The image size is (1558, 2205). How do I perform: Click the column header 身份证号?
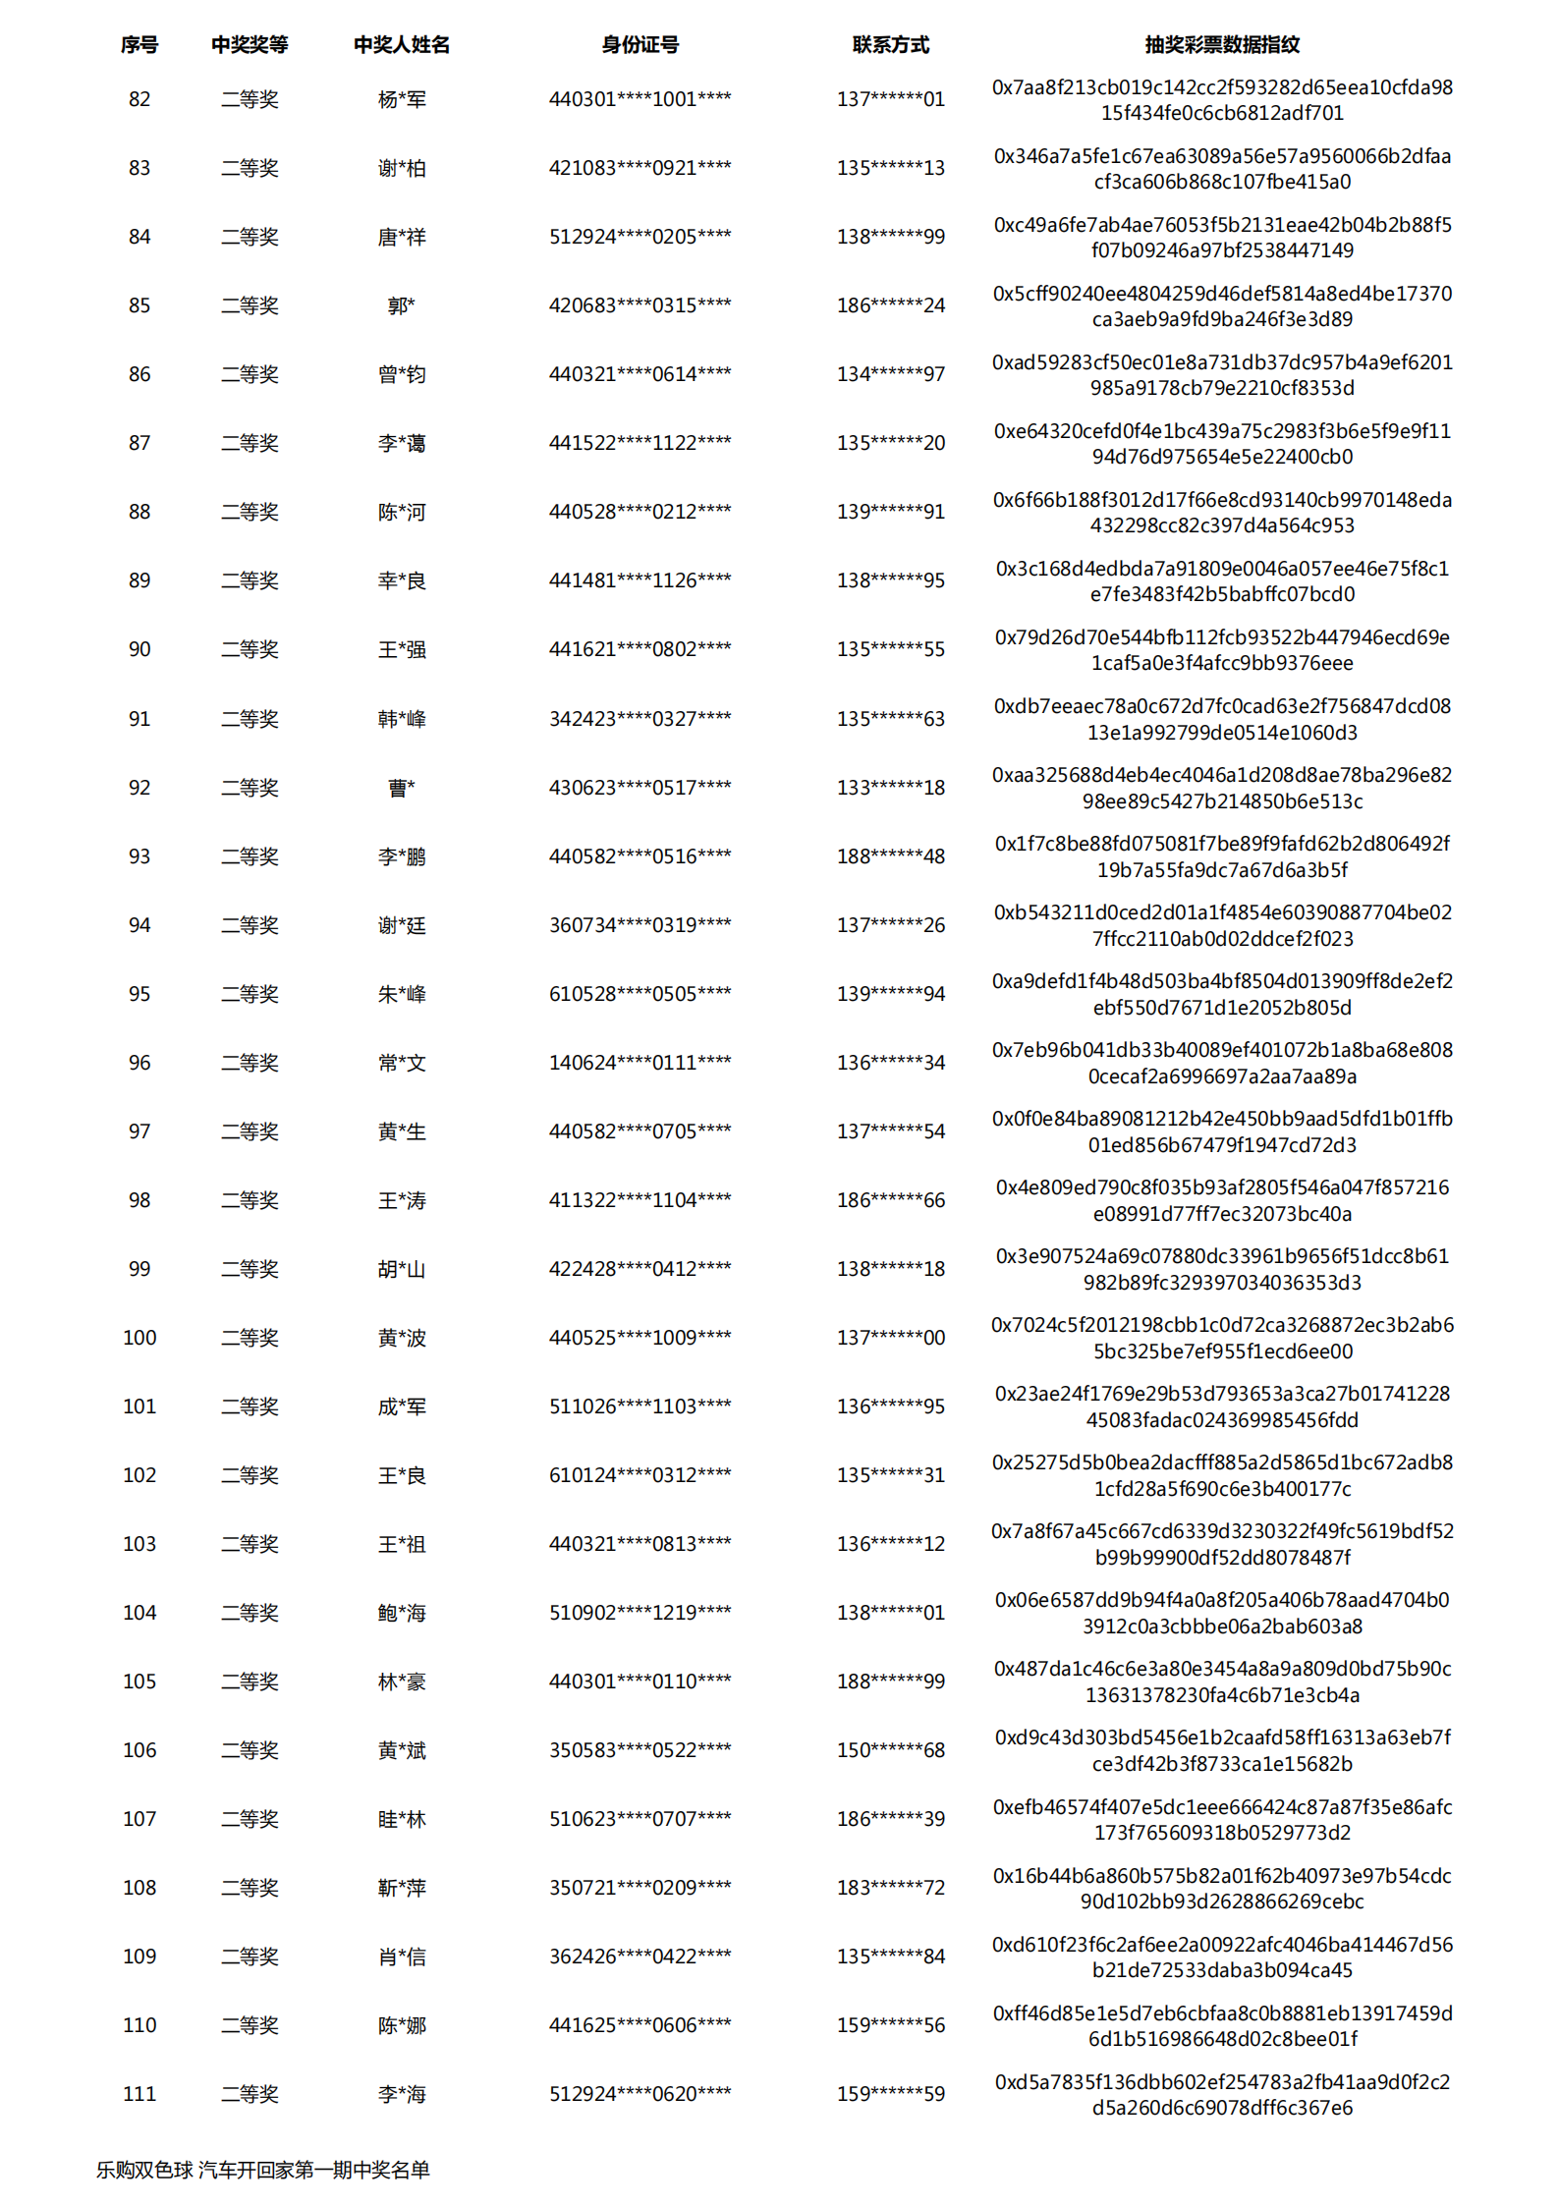click(640, 44)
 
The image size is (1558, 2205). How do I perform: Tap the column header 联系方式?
click(890, 44)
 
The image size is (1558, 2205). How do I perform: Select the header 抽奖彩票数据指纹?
click(1221, 44)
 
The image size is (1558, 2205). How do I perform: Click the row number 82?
click(139, 99)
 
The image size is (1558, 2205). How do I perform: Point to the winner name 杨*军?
click(402, 99)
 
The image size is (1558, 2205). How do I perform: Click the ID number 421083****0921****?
click(640, 168)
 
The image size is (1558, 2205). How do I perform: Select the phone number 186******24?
click(890, 305)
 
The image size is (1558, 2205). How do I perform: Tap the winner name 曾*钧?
click(402, 374)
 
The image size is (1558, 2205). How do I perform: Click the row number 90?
click(139, 649)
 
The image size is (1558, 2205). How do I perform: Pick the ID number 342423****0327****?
click(640, 719)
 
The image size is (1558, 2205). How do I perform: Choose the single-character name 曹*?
click(402, 788)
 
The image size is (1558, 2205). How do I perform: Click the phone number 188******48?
click(890, 856)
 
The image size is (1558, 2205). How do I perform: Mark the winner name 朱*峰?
click(402, 994)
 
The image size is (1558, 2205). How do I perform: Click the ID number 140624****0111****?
click(640, 1063)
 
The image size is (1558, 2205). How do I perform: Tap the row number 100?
click(139, 1338)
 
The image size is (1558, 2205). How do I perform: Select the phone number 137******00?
click(890, 1338)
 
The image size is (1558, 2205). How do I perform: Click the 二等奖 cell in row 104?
click(250, 1613)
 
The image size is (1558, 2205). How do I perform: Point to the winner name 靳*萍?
click(402, 1888)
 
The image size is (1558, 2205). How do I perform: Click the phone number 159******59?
click(890, 2094)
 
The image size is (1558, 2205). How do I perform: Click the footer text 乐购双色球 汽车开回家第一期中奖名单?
click(263, 2170)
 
